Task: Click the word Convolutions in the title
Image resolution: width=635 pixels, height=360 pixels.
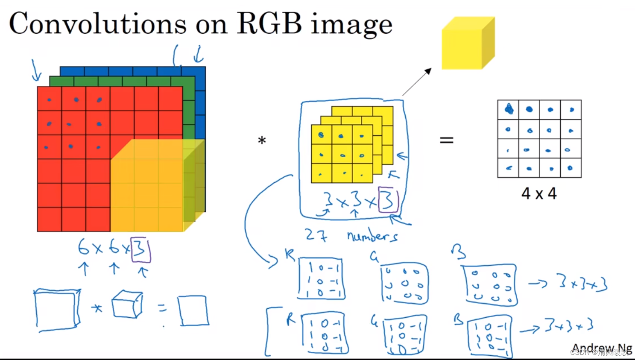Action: [x=97, y=24]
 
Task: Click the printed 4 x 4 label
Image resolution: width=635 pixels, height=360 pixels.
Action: [x=539, y=194]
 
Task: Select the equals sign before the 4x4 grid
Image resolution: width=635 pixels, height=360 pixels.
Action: [x=446, y=140]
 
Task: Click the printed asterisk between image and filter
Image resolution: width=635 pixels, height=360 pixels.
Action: [x=262, y=140]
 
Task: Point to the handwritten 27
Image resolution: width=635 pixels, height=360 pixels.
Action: [x=316, y=235]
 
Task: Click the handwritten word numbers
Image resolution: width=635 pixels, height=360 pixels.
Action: [x=372, y=235]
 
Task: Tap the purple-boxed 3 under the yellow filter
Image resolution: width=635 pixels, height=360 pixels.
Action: [x=388, y=200]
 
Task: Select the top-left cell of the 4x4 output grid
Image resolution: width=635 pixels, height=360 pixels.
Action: [x=508, y=109]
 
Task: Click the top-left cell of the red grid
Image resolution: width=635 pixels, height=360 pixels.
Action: [x=50, y=99]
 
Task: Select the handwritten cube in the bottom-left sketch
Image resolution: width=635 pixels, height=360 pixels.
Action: [x=127, y=304]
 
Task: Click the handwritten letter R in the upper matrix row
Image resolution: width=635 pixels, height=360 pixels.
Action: [x=290, y=255]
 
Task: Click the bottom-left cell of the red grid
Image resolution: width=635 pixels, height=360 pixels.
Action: [x=50, y=220]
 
